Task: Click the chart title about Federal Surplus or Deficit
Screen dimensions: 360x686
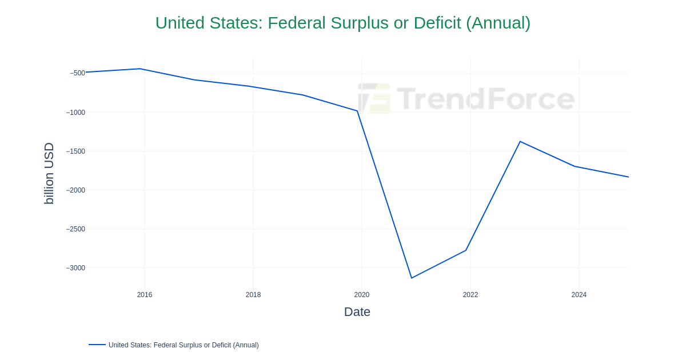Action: pyautogui.click(x=342, y=23)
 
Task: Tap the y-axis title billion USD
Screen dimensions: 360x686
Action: pyautogui.click(x=49, y=173)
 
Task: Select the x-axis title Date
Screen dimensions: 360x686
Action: pyautogui.click(x=357, y=312)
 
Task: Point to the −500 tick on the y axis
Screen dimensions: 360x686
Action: pyautogui.click(x=77, y=73)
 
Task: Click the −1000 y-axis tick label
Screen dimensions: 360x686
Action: pyautogui.click(x=75, y=113)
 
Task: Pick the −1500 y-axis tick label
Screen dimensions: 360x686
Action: pyautogui.click(x=75, y=151)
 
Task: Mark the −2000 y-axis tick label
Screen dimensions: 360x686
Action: pyautogui.click(x=75, y=190)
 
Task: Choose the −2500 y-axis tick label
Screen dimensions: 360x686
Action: pyautogui.click(x=75, y=229)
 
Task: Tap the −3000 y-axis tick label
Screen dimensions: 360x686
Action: pyautogui.click(x=75, y=268)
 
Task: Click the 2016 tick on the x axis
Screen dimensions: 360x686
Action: pyautogui.click(x=145, y=295)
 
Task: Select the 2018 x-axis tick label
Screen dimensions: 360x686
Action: pyautogui.click(x=253, y=295)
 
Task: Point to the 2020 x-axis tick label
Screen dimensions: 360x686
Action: pyautogui.click(x=362, y=295)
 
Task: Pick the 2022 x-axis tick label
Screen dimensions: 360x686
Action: pyautogui.click(x=470, y=295)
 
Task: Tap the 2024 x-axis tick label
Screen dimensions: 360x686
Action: pyautogui.click(x=579, y=295)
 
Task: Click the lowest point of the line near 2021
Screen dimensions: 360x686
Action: pyautogui.click(x=412, y=278)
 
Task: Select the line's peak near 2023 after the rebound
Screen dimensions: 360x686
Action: pyautogui.click(x=520, y=141)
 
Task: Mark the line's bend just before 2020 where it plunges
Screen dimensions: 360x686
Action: pyautogui.click(x=357, y=111)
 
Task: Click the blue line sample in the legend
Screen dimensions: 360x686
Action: pyautogui.click(x=97, y=345)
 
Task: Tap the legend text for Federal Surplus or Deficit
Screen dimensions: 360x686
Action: pyautogui.click(x=184, y=345)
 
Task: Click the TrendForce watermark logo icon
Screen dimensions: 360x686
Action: pyautogui.click(x=374, y=98)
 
